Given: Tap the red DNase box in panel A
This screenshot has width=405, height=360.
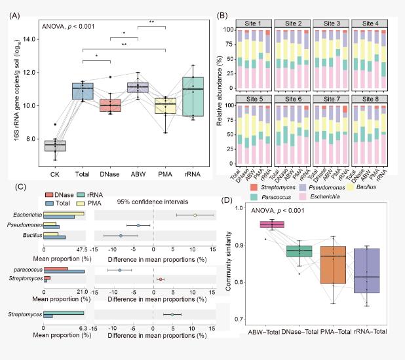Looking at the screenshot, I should (x=110, y=105).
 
